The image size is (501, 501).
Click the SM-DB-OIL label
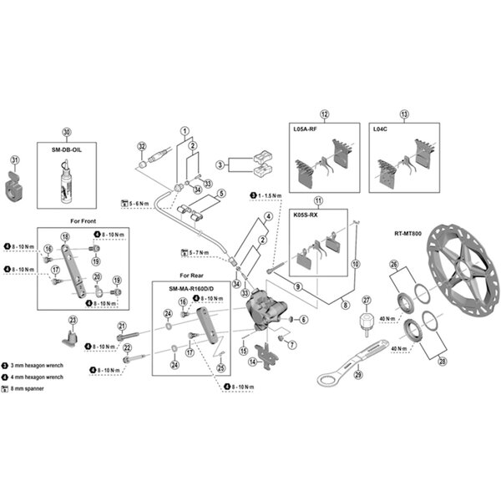(x=67, y=148)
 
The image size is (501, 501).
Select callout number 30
(x=67, y=132)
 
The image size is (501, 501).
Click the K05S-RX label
(x=306, y=215)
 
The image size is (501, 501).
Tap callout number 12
(x=325, y=114)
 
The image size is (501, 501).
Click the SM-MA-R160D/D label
(x=189, y=287)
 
